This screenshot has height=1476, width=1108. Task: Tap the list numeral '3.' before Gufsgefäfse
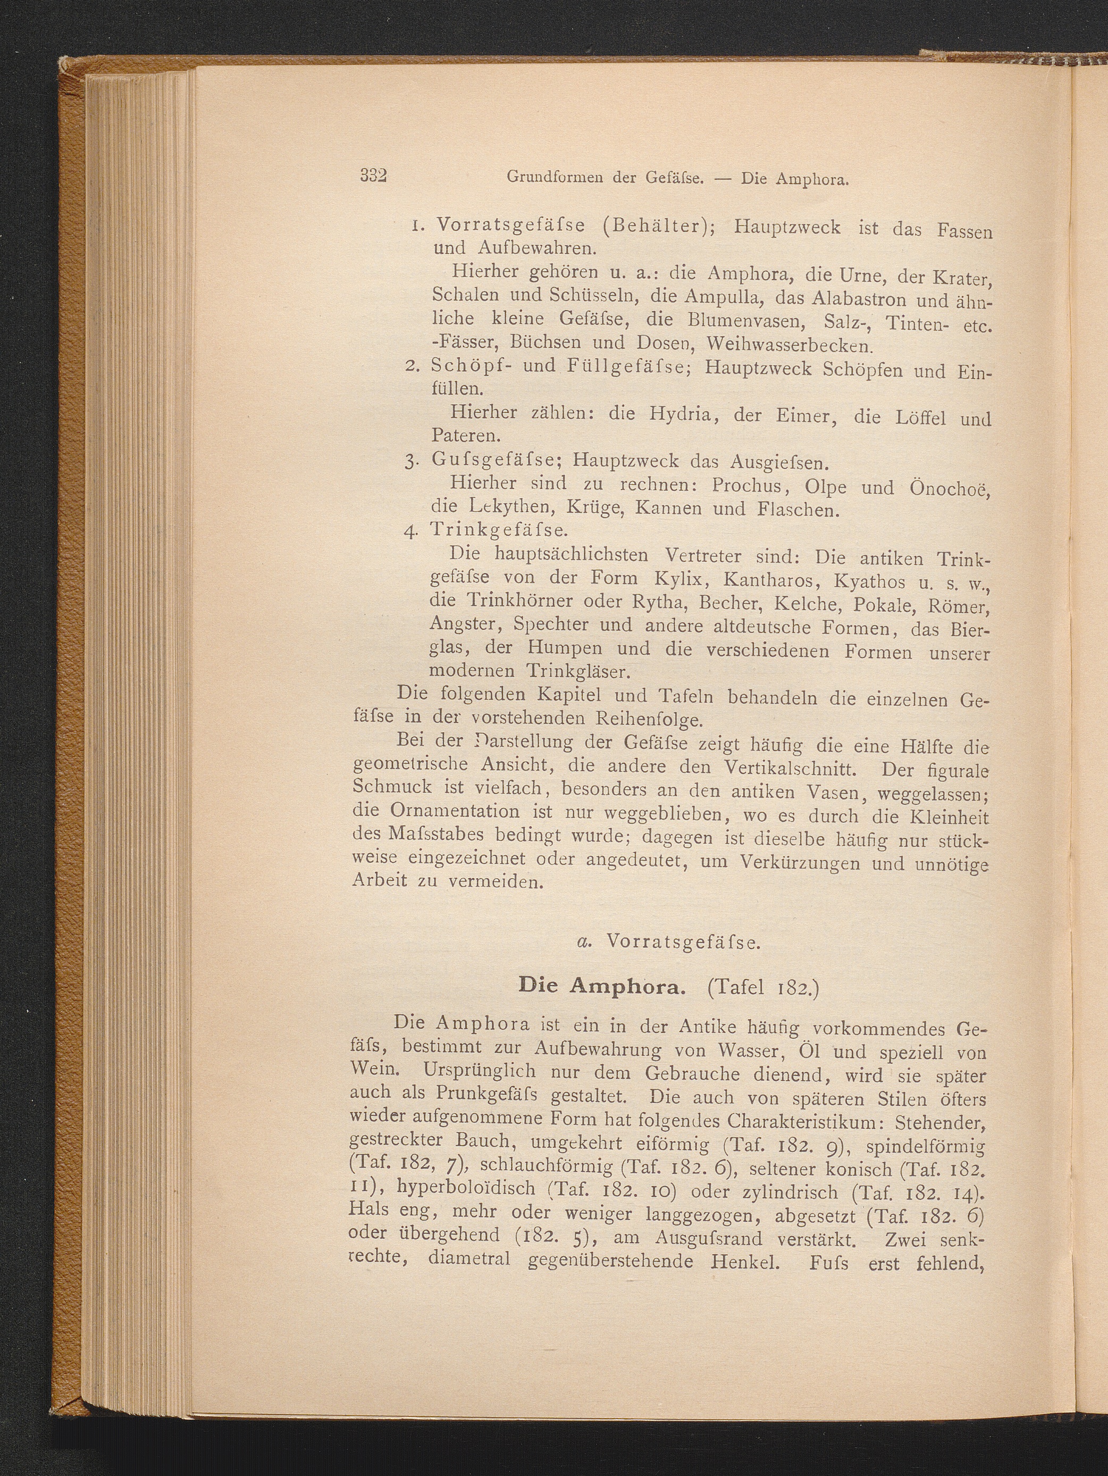point(410,461)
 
